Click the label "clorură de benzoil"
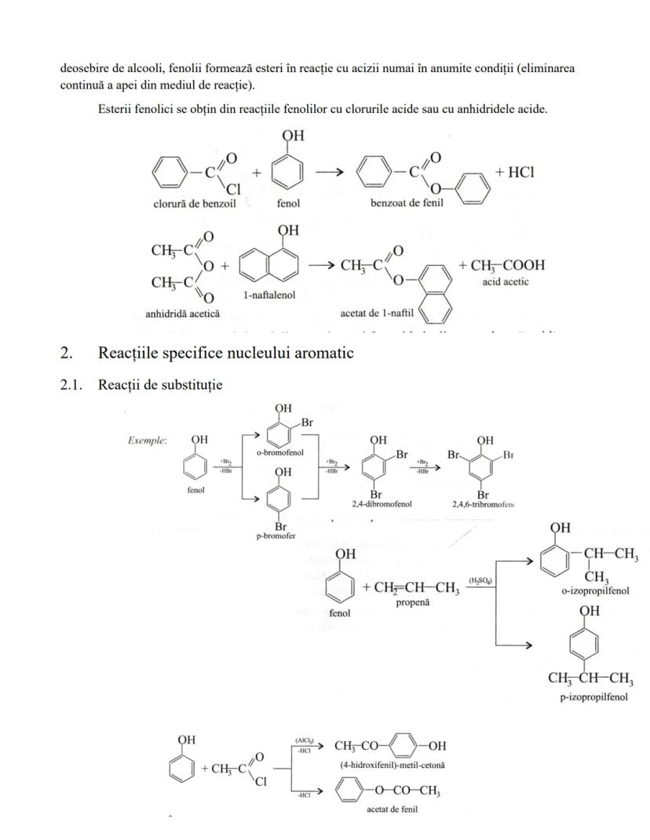[x=195, y=204]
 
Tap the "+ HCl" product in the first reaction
[x=514, y=173]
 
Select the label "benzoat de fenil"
[x=407, y=204]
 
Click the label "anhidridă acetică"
[x=183, y=314]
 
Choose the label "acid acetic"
[x=506, y=282]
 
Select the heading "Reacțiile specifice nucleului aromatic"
[x=225, y=353]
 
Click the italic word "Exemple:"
[x=147, y=441]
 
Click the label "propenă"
[x=411, y=601]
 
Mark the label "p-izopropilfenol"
[x=593, y=697]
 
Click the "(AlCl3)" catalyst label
[x=305, y=739]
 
